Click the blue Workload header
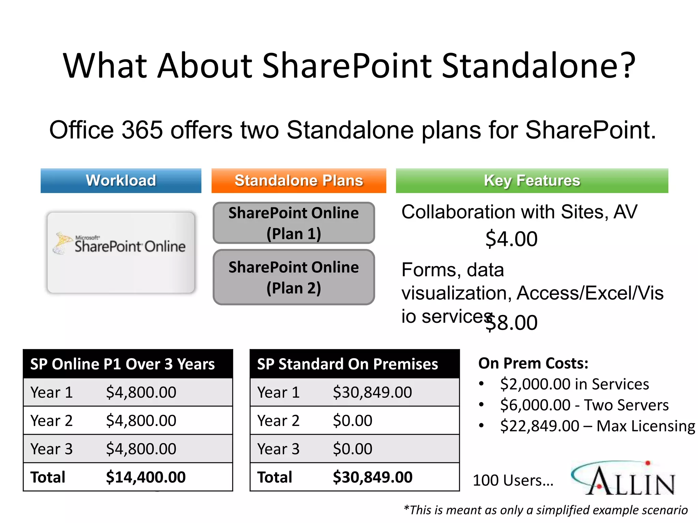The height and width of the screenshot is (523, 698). (121, 180)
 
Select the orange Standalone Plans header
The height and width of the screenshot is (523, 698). (299, 180)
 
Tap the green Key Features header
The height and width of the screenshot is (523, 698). (532, 180)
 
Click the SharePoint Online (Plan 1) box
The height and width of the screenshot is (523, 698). (293, 223)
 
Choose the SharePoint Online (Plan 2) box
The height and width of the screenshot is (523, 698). (293, 277)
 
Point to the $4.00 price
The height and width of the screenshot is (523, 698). (511, 239)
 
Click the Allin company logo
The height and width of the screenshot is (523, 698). (623, 478)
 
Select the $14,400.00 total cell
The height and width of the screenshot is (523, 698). (146, 477)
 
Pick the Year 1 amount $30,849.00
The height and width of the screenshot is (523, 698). (372, 392)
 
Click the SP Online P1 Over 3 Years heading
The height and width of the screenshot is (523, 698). (122, 364)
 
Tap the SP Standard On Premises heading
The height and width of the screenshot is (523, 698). (347, 364)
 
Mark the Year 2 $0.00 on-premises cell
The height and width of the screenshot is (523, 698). (352, 421)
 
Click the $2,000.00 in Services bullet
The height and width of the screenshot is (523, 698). (574, 384)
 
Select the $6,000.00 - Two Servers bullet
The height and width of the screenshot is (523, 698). (584, 405)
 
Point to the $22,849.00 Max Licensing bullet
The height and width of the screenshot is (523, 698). (597, 426)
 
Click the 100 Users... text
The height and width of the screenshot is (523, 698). (513, 480)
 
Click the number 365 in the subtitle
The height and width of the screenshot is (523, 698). (142, 130)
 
